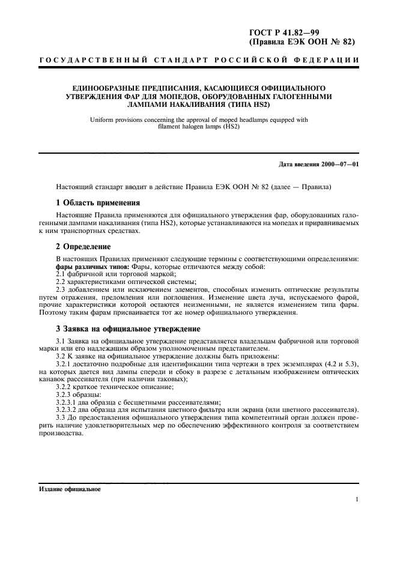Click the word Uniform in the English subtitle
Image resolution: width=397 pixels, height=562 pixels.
pyautogui.click(x=102, y=120)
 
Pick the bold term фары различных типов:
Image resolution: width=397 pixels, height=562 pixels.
pyautogui.click(x=89, y=267)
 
